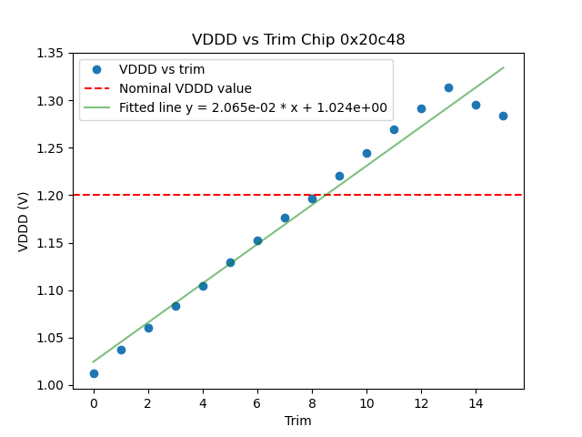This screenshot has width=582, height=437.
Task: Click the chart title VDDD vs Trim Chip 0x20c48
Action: (298, 40)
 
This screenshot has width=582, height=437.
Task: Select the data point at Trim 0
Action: (94, 373)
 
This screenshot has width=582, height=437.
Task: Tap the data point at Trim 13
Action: (448, 87)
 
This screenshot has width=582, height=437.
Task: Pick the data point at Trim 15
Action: (503, 116)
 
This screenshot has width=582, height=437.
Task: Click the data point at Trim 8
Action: (312, 198)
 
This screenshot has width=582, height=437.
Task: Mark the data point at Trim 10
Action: (366, 153)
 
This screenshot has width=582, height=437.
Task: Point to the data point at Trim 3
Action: (176, 306)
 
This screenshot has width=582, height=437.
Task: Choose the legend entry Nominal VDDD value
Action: (186, 88)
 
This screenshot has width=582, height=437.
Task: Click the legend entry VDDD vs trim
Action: (162, 69)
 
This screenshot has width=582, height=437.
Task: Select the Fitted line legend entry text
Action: (253, 107)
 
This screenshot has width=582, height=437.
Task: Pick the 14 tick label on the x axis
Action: (476, 402)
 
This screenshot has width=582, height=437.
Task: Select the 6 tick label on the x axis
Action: (257, 402)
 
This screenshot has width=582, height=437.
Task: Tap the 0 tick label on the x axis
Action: (94, 402)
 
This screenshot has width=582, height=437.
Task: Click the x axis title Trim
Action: (298, 421)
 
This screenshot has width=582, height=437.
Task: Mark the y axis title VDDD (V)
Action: (25, 219)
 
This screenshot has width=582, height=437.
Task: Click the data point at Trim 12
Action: (421, 108)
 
